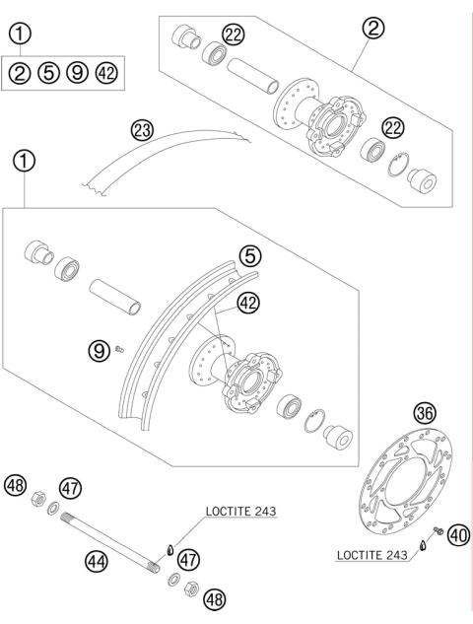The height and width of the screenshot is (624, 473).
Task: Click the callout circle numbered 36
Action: click(425, 414)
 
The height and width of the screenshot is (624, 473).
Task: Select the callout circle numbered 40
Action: click(458, 535)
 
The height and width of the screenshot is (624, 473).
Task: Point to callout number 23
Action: click(143, 131)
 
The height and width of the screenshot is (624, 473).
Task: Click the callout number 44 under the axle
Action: click(97, 562)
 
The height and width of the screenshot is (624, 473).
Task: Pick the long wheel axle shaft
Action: click(110, 543)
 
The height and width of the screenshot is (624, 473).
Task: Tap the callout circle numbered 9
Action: click(99, 351)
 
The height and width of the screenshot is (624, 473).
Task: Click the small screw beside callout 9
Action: click(119, 349)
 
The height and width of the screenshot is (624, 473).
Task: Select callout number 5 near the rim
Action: click(250, 256)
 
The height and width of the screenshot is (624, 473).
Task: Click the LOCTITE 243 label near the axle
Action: click(240, 512)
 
